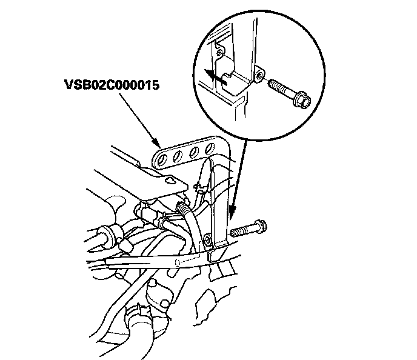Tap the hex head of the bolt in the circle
[301, 98]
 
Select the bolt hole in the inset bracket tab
[259, 75]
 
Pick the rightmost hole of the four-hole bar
[213, 147]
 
